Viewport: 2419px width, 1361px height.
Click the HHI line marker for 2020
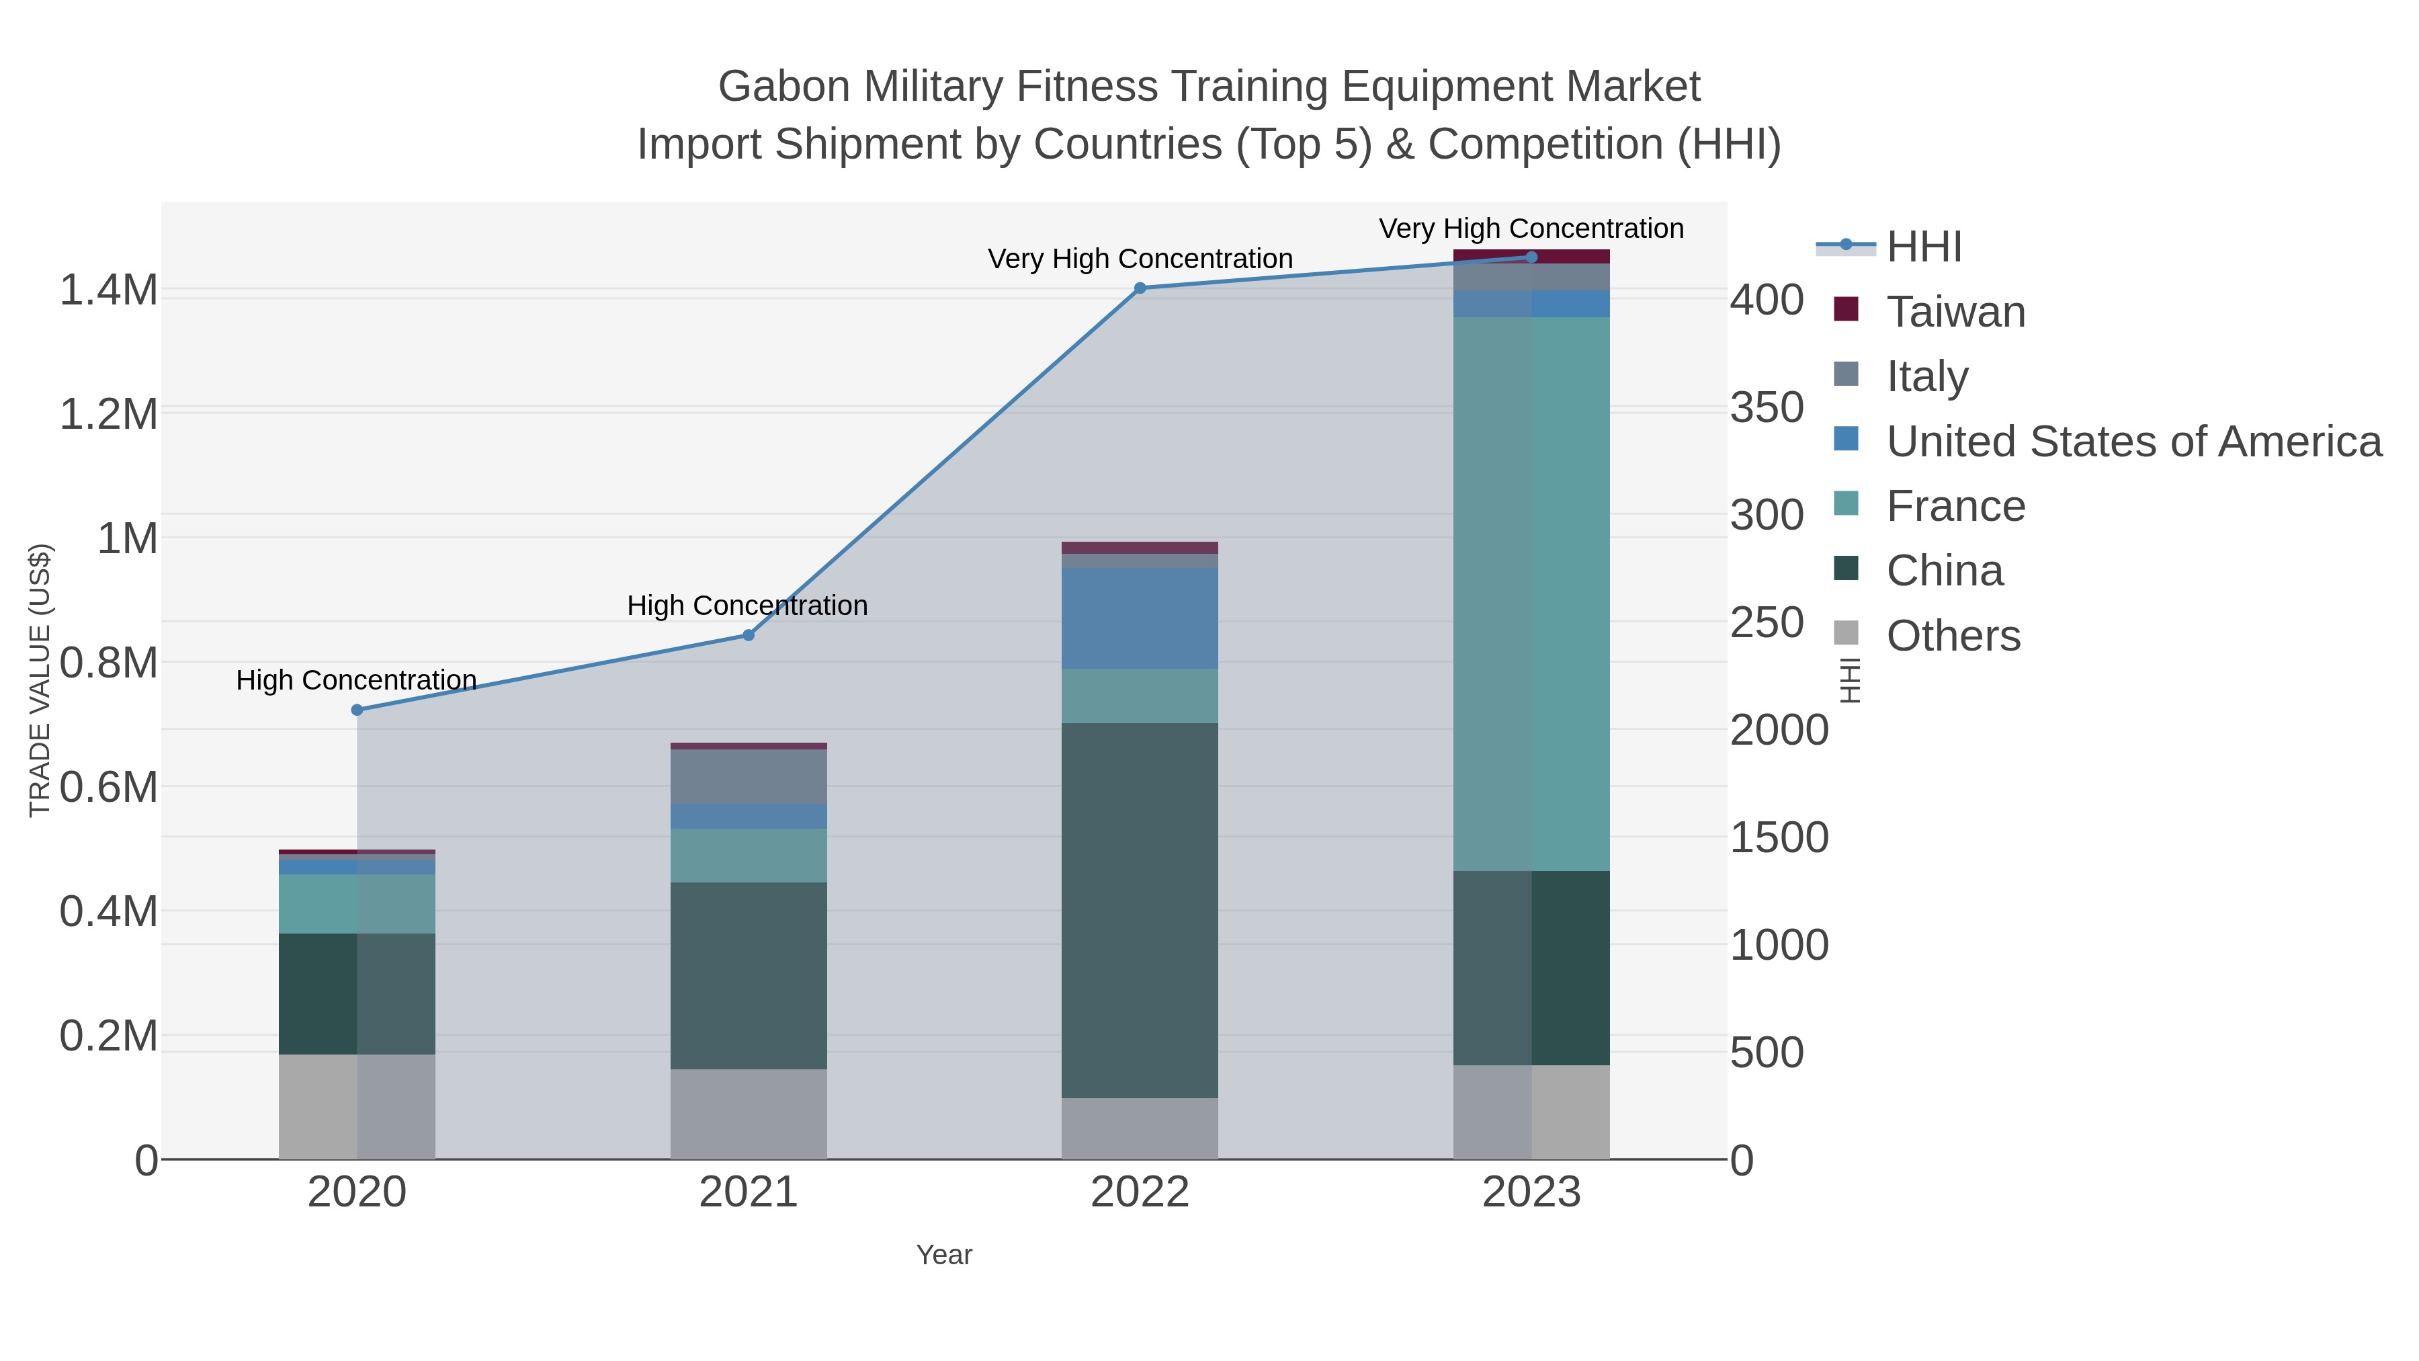pos(357,710)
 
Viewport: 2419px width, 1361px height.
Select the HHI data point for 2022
pos(1140,288)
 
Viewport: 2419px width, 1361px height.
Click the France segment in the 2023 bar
pos(1531,593)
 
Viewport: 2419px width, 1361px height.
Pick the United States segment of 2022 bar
pos(1140,618)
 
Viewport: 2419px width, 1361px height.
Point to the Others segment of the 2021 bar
pos(749,1114)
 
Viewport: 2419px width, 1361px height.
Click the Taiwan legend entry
pos(1955,312)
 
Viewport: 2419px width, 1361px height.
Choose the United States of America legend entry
pos(2131,442)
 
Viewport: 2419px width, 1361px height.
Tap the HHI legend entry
pos(1923,247)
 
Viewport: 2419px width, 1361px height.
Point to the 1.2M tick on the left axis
pos(108,414)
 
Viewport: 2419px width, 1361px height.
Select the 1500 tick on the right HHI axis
pos(1779,838)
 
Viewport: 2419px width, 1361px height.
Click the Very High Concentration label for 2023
pos(1531,229)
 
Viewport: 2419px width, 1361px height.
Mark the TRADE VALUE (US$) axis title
pos(40,680)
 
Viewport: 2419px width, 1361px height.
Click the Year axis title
pos(944,1255)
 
